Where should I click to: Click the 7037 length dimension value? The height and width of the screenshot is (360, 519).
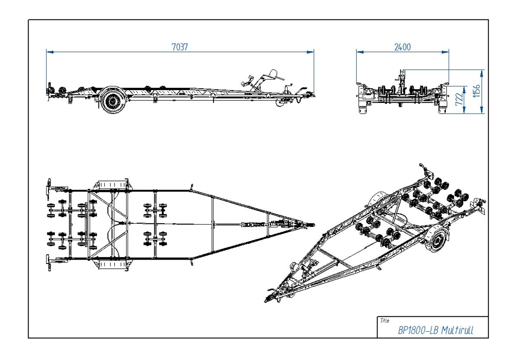(x=180, y=47)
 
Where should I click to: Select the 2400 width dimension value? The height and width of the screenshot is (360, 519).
(x=402, y=47)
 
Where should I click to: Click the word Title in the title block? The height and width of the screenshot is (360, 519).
(x=384, y=321)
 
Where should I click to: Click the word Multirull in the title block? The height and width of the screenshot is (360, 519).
(x=457, y=331)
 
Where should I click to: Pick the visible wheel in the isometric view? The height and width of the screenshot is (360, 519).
(x=437, y=240)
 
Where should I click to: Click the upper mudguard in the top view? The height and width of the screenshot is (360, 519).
(x=112, y=184)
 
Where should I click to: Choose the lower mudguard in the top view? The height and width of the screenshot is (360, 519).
(x=112, y=264)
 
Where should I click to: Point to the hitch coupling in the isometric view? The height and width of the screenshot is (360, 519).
(x=269, y=299)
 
